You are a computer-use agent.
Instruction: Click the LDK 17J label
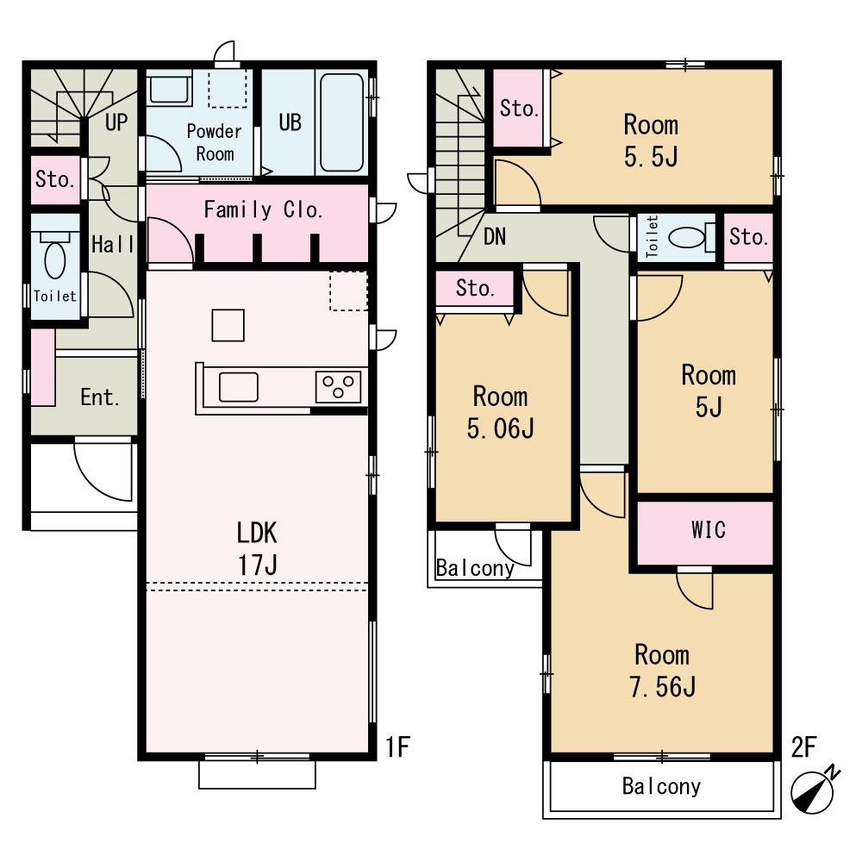coord(257,548)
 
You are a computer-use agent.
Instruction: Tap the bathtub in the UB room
coord(341,122)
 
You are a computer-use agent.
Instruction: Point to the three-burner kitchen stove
coord(338,386)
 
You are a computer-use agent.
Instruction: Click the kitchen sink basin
coord(239,387)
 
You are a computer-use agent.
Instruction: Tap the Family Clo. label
coord(263,209)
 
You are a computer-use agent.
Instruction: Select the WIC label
coord(709,530)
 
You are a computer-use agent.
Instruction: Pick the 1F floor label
coord(397,746)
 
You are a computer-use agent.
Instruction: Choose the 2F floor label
coord(803,746)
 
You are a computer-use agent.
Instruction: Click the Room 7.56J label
coord(662,671)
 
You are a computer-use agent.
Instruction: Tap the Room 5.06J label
coord(500,412)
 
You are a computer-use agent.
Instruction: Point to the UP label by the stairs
coord(116,122)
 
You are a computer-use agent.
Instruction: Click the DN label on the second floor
coord(495,237)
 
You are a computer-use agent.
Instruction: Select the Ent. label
coord(99,397)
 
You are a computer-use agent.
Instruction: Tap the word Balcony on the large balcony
coord(661,786)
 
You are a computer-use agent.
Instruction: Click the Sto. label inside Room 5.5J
coord(519,109)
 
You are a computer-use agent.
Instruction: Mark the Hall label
coord(113,244)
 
